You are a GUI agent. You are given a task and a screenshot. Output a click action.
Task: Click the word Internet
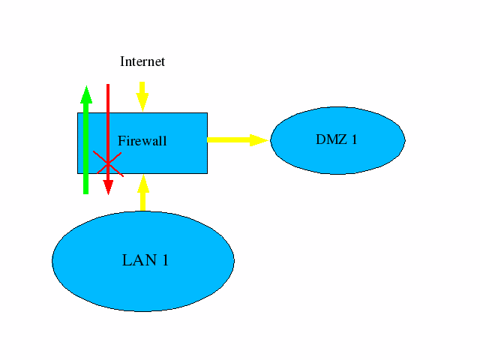click(142, 61)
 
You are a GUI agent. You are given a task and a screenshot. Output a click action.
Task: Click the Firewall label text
click(142, 141)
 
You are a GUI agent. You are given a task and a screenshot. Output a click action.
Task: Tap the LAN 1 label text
click(145, 260)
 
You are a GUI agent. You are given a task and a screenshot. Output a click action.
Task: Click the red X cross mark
click(107, 161)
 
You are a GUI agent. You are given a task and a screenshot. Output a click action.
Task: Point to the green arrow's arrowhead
click(86, 94)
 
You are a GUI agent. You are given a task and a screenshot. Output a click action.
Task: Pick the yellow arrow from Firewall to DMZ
click(237, 139)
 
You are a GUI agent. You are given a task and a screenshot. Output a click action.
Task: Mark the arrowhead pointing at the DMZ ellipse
click(259, 139)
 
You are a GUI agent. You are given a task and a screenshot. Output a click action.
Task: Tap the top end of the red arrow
click(108, 87)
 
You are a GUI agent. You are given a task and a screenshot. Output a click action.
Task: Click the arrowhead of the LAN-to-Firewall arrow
click(142, 181)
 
